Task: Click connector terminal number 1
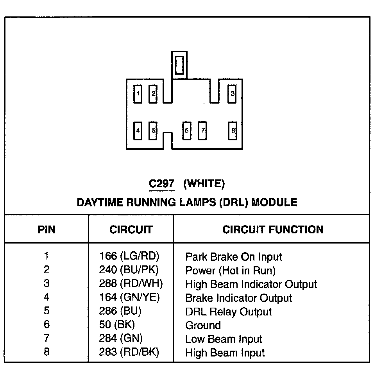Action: pos(138,94)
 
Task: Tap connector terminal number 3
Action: pos(232,94)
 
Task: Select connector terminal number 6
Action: pos(187,131)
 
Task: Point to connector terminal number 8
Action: pos(233,131)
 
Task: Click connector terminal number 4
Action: pos(138,131)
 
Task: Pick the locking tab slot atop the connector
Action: pos(179,64)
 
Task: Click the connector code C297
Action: pos(161,183)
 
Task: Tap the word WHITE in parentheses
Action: pos(204,183)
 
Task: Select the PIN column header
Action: pos(47,229)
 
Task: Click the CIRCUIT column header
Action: pos(131,229)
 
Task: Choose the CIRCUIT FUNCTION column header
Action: pos(273,229)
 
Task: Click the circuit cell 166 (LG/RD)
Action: pos(129,256)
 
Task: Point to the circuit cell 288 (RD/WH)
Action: pos(131,284)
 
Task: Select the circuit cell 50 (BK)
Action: pos(117,325)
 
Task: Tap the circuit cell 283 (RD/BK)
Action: pos(129,352)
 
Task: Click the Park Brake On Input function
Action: pos(233,257)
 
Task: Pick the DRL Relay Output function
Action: pos(228,312)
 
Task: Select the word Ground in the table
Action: pos(203,325)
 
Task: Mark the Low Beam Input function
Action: pos(224,339)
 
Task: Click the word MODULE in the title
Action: pos(274,202)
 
